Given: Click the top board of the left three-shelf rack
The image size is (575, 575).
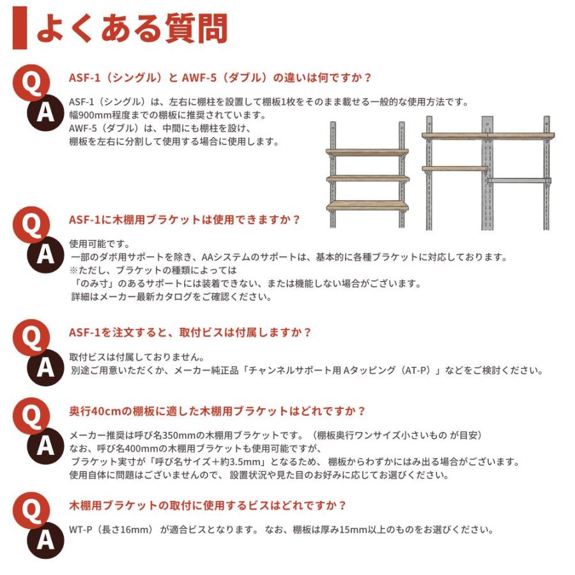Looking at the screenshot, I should click(367, 153).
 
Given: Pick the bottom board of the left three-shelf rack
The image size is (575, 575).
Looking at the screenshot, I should click(367, 206).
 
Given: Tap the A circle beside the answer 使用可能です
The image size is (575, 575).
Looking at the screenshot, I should click(45, 254).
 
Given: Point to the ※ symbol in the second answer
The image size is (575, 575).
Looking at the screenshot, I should click(73, 270).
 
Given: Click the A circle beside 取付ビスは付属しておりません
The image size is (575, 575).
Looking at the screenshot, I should click(45, 367).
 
